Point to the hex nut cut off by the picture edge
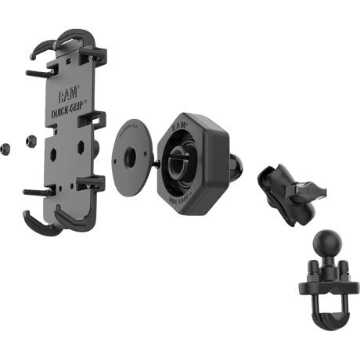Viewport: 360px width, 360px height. (x=3, y=146)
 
